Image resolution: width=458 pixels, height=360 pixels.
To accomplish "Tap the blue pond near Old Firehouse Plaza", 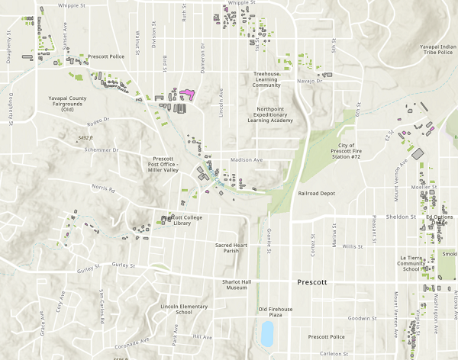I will point(266,332).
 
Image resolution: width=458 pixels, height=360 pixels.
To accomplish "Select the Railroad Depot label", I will point(317,194).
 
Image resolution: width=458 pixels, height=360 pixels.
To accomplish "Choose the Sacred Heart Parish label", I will point(232,249).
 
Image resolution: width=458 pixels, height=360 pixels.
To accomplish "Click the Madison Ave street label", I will point(246,160).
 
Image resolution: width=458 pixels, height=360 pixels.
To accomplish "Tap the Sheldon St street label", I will point(400,217).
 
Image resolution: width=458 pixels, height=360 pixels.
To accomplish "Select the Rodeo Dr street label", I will point(98,121).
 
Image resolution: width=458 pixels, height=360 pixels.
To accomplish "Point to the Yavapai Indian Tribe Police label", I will point(438,51).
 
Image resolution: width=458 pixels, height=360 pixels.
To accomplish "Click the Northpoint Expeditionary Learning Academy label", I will point(270,114).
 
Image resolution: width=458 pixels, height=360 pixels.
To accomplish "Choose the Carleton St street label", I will point(334,354).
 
